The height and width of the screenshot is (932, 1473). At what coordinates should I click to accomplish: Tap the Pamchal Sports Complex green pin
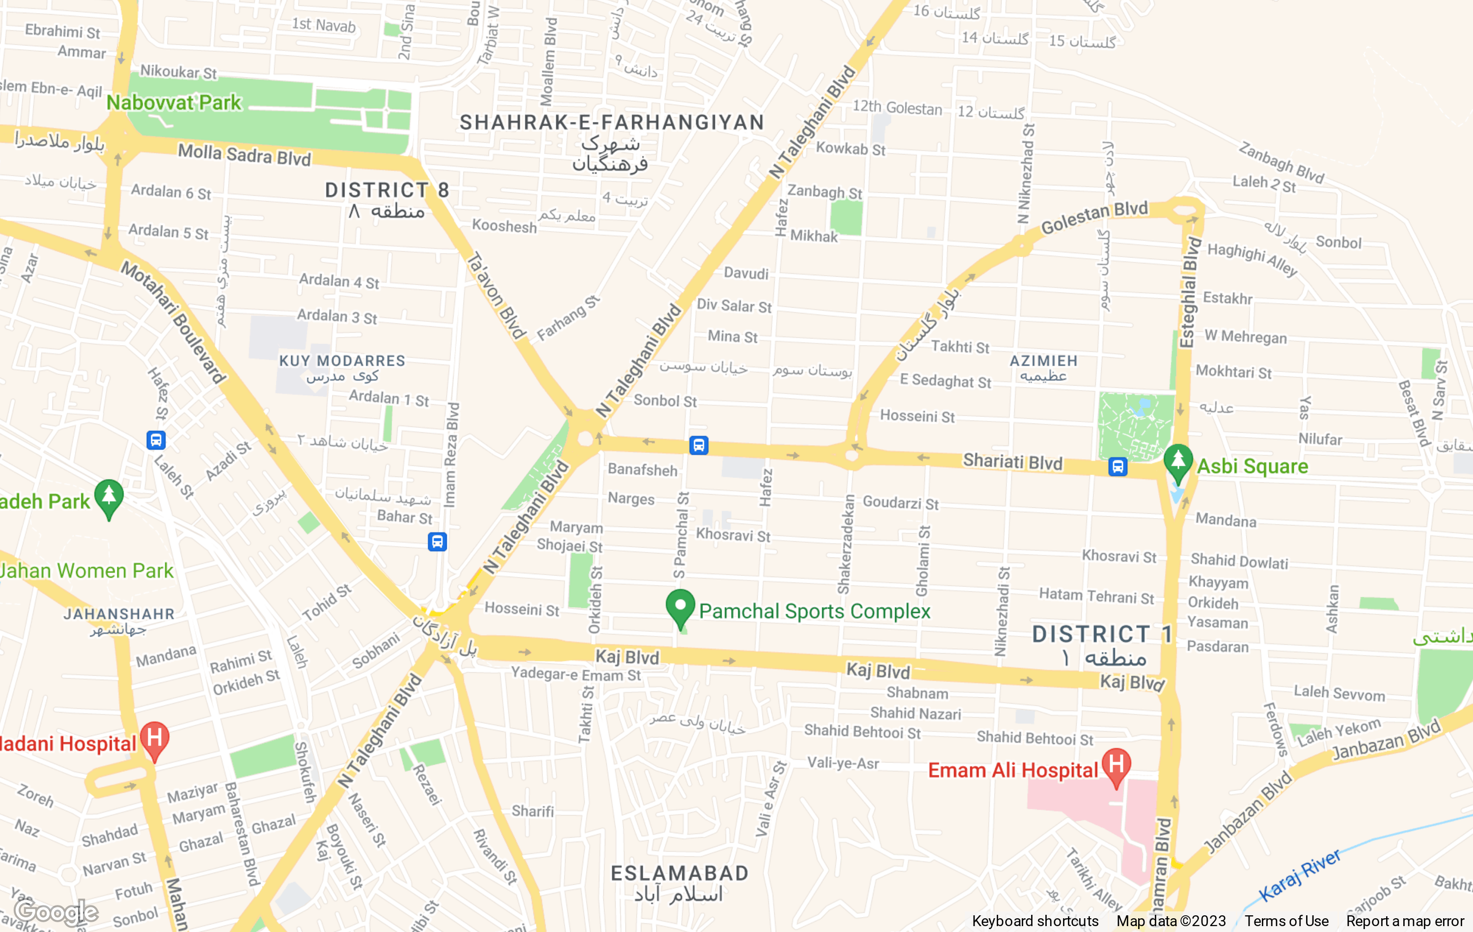point(680,607)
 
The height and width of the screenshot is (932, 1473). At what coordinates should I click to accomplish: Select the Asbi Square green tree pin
point(1177,462)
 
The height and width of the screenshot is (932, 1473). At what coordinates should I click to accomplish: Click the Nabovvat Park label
point(174,103)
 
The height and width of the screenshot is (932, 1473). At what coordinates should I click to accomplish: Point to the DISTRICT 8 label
point(386,190)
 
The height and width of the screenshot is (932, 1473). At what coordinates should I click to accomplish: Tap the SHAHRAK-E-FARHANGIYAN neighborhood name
point(612,123)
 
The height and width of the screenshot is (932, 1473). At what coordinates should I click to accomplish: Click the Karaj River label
point(1299,875)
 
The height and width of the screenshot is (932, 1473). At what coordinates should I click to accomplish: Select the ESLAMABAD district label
point(680,873)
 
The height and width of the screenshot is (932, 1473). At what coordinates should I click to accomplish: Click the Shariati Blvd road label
point(1012,462)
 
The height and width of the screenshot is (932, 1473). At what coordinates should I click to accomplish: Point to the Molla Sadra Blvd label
point(244,155)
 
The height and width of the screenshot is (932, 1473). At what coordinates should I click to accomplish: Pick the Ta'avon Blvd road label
point(495,295)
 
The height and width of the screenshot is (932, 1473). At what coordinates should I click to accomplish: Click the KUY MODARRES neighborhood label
point(342,361)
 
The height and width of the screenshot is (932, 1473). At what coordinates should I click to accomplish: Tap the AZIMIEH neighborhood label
point(1043,361)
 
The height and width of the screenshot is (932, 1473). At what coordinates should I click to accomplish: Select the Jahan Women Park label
point(86,571)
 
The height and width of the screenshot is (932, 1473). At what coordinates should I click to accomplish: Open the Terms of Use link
point(1286,921)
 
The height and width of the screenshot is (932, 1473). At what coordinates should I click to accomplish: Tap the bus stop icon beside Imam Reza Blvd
point(437,542)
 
